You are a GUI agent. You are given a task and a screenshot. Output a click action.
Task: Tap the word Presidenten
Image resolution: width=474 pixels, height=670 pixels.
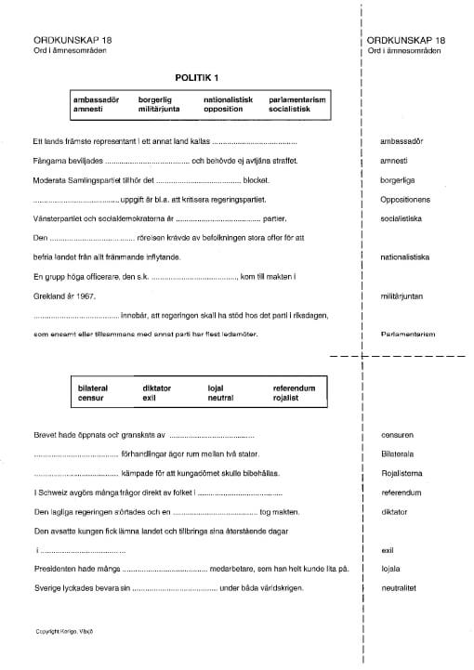pyautogui.click(x=58, y=569)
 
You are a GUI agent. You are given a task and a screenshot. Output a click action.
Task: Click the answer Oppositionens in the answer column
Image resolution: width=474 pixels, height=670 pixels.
pyautogui.click(x=402, y=199)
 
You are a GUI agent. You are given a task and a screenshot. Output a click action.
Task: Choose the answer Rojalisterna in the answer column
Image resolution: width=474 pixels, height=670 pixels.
pyautogui.click(x=402, y=473)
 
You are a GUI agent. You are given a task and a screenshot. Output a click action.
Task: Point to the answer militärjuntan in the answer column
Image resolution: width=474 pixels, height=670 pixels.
pyautogui.click(x=402, y=296)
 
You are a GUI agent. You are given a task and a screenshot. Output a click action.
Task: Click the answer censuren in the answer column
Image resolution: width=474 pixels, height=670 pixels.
pyautogui.click(x=397, y=434)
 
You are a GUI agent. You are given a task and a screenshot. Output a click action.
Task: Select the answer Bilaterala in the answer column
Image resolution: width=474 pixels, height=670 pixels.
pyautogui.click(x=399, y=453)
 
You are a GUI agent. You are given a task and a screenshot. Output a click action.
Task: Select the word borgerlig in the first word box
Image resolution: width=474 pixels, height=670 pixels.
pyautogui.click(x=156, y=99)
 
